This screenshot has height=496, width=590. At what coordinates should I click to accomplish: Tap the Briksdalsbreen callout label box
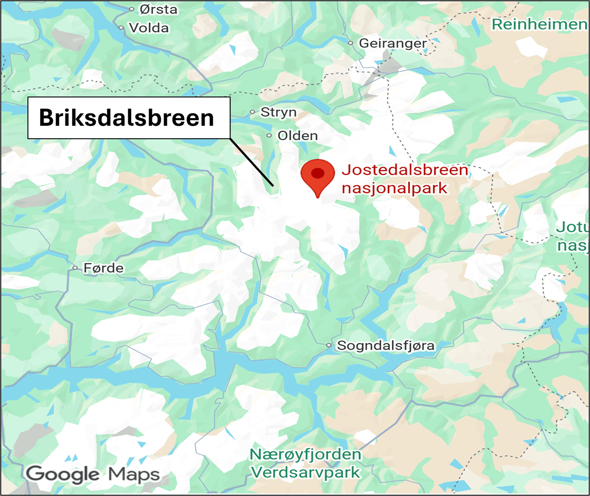pyautogui.click(x=128, y=118)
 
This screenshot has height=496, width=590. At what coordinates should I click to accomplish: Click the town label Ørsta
pyautogui.click(x=158, y=9)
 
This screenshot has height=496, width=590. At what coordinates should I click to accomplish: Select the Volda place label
pyautogui.click(x=149, y=28)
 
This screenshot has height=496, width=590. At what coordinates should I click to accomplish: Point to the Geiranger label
pyautogui.click(x=393, y=43)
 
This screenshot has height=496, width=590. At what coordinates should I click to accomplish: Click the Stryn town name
pyautogui.click(x=279, y=113)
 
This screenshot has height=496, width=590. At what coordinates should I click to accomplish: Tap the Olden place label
pyautogui.click(x=297, y=135)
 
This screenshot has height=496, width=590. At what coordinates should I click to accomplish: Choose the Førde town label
pyautogui.click(x=104, y=268)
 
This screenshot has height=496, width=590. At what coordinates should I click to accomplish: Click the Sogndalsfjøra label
pyautogui.click(x=385, y=346)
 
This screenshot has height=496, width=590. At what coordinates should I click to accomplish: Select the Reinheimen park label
pyautogui.click(x=539, y=24)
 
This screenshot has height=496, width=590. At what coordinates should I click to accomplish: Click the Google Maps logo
pyautogui.click(x=93, y=474)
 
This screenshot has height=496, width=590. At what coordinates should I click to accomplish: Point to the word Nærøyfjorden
pyautogui.click(x=305, y=455)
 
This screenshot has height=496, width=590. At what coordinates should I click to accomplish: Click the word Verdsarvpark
pyautogui.click(x=305, y=472)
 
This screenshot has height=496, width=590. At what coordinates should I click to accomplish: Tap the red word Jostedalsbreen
pyautogui.click(x=405, y=170)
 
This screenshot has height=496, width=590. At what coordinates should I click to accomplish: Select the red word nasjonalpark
pyautogui.click(x=395, y=188)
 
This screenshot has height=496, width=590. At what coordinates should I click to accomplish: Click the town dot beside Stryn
pyautogui.click(x=252, y=113)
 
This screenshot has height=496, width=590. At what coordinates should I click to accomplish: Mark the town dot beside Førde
pyautogui.click(x=75, y=268)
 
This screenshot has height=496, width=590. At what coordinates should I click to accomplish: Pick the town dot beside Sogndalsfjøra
pyautogui.click(x=329, y=346)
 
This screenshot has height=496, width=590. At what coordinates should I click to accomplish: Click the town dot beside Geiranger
pyautogui.click(x=351, y=43)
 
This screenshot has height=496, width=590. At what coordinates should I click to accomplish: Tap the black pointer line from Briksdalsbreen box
pyautogui.click(x=252, y=162)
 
